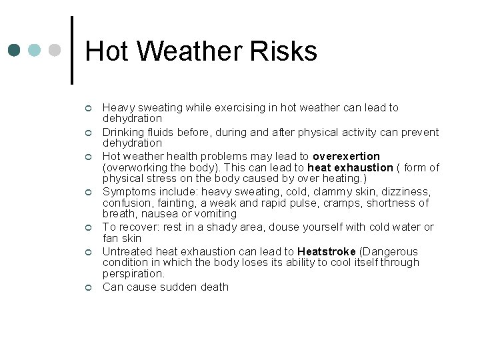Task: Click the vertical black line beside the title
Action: click(x=71, y=50)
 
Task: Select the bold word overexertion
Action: click(x=346, y=157)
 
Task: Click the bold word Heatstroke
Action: click(x=327, y=251)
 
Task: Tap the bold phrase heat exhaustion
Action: click(x=350, y=167)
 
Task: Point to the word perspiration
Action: click(x=133, y=273)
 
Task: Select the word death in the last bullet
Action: click(x=213, y=287)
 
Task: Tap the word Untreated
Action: click(x=127, y=251)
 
